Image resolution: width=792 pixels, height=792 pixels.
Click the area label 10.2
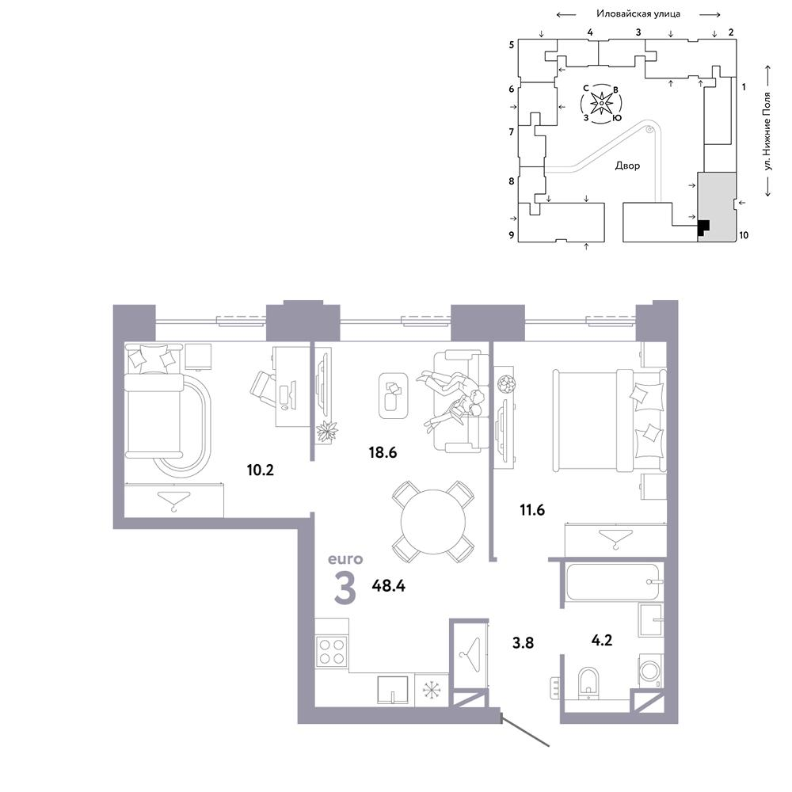(260, 470)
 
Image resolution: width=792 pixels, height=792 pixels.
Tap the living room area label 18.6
(383, 452)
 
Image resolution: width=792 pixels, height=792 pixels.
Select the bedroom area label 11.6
(532, 510)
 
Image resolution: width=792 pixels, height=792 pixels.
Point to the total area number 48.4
(388, 586)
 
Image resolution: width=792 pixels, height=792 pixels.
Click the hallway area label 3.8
(523, 643)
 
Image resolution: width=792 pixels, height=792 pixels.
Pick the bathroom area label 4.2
(602, 641)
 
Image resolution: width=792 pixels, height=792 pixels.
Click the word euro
(345, 559)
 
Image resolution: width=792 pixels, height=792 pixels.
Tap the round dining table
(433, 522)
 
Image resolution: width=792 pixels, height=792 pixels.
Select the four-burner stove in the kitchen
(331, 651)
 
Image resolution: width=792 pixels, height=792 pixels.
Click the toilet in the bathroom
(588, 683)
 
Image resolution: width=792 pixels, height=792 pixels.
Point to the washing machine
(650, 671)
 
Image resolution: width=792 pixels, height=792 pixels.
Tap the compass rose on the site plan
(601, 104)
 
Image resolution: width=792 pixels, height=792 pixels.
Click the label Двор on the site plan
(627, 166)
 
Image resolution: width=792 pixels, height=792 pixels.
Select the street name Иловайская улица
(638, 14)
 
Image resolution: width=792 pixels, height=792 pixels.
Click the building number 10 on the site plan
(744, 235)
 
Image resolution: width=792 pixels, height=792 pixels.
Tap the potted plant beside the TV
(327, 432)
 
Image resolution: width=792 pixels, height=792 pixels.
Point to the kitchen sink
(393, 690)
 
